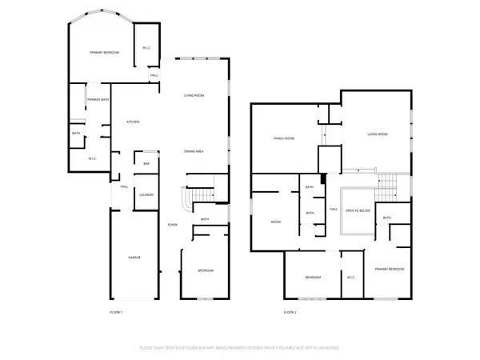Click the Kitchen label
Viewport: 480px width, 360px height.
[133, 122]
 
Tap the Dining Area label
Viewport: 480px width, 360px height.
[193, 151]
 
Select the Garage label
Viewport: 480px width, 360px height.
[135, 258]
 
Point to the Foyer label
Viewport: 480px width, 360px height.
[172, 225]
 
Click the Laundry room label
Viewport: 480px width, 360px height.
[146, 194]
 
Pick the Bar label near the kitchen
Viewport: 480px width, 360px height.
[146, 164]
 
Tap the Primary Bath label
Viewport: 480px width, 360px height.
[98, 99]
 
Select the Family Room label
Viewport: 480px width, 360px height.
[285, 138]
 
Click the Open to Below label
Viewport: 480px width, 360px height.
[357, 210]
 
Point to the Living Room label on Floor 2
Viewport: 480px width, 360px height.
[378, 134]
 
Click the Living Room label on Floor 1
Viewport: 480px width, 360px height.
[194, 95]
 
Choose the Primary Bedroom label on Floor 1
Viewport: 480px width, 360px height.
[104, 52]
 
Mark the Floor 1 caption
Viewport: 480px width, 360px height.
[116, 311]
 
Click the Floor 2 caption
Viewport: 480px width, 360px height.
[290, 311]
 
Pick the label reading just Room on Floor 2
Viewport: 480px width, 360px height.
[275, 222]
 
